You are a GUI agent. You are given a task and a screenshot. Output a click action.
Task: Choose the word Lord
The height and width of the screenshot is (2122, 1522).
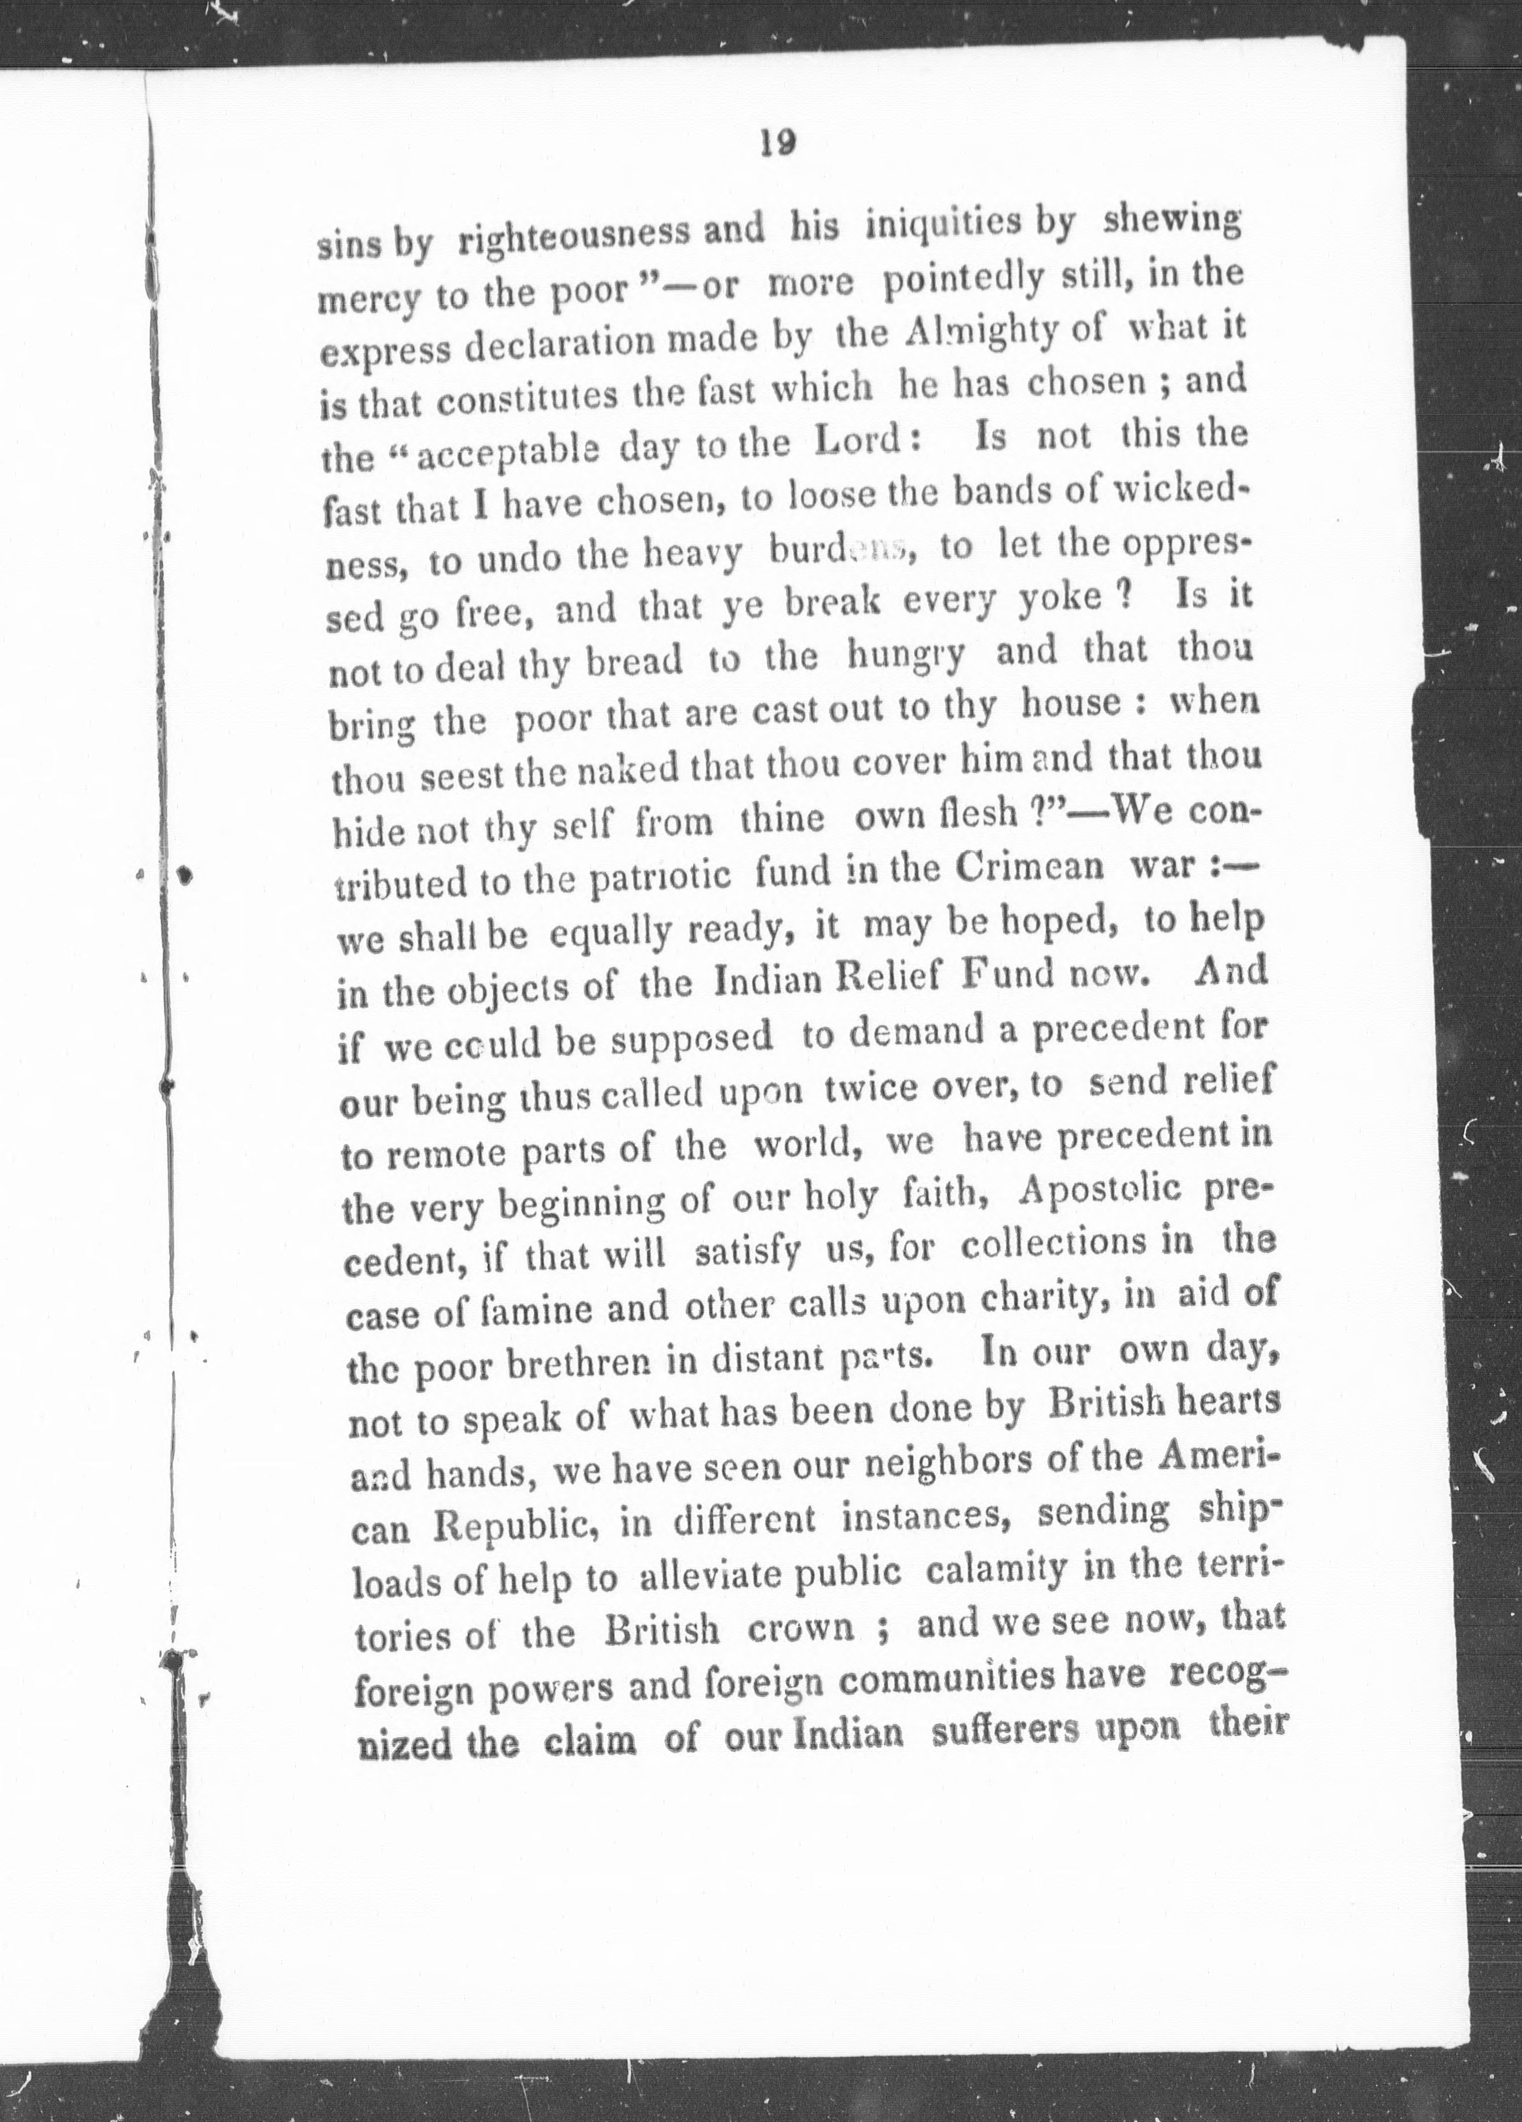(862, 442)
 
